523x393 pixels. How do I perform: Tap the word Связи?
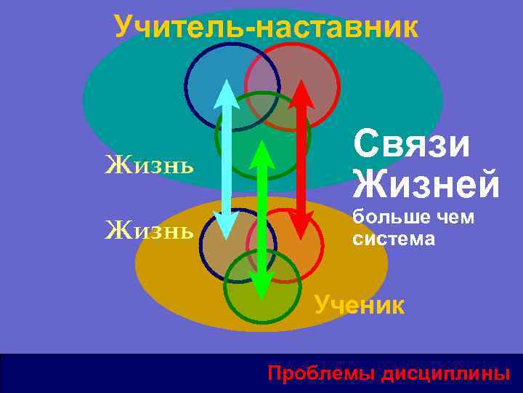[412, 144]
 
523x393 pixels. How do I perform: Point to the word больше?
[390, 217]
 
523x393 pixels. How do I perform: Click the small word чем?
[455, 217]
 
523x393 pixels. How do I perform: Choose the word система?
[394, 238]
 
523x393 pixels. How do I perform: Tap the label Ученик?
[360, 303]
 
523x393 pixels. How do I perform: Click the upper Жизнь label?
[150, 165]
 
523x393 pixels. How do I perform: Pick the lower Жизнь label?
[150, 231]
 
